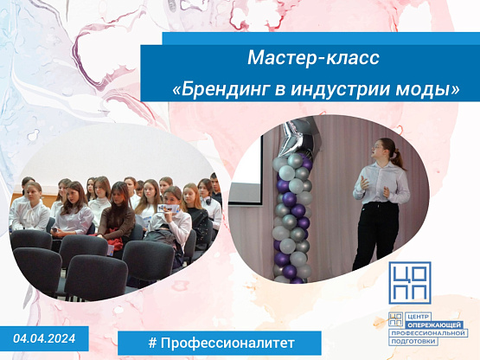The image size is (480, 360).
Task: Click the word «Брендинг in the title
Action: (221, 89)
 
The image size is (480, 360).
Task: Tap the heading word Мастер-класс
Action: (313, 58)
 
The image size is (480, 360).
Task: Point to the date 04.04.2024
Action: (44, 338)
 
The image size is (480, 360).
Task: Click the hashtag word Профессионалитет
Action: (227, 343)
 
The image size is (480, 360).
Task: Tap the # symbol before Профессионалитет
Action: (152, 343)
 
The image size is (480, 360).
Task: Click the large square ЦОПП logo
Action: (410, 282)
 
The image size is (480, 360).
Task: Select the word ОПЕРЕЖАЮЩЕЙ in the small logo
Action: (434, 325)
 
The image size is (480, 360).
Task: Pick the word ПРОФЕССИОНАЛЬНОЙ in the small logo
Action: (428, 333)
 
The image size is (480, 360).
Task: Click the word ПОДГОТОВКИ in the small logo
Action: (413, 341)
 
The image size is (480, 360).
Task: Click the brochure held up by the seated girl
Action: (168, 209)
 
